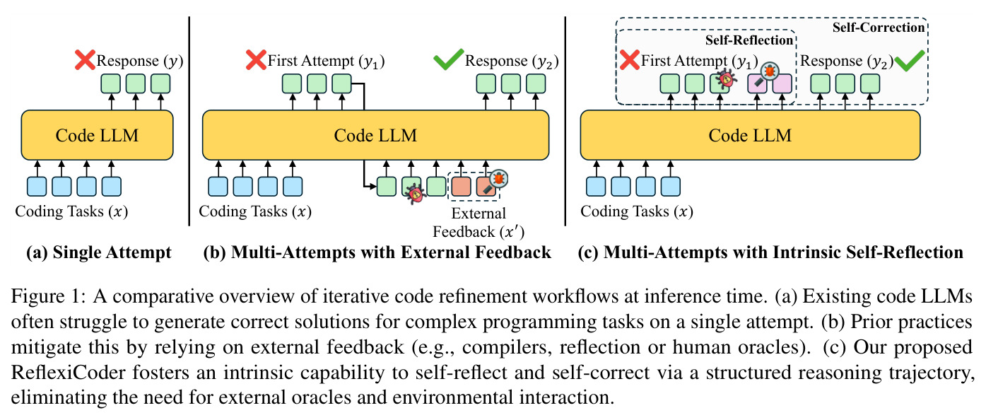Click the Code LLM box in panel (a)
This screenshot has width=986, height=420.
click(97, 135)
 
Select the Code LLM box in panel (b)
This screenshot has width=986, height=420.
click(375, 135)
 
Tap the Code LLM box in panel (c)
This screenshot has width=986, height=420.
click(750, 135)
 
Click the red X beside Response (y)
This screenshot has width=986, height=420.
click(85, 60)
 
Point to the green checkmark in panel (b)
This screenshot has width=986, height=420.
click(449, 59)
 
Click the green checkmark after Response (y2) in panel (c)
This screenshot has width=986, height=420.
click(910, 61)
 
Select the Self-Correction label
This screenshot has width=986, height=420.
click(878, 28)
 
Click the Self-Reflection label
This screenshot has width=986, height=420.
click(749, 40)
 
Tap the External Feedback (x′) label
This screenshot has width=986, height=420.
click(479, 223)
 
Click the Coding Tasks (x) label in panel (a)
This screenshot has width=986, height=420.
click(71, 211)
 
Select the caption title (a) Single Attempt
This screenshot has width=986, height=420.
click(99, 252)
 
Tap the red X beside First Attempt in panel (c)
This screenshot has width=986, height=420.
click(630, 60)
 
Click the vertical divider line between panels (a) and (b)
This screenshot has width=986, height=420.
click(189, 121)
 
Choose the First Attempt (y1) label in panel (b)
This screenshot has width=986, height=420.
click(326, 61)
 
